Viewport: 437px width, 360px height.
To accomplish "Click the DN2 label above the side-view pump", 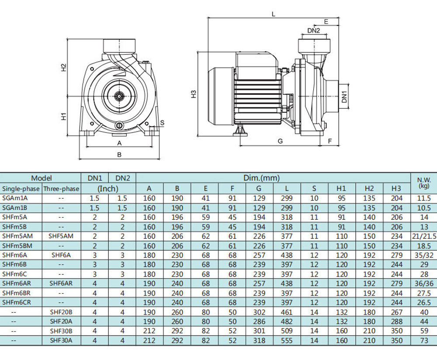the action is pyautogui.click(x=313, y=31).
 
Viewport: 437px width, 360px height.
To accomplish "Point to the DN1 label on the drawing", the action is pyautogui.click(x=344, y=97).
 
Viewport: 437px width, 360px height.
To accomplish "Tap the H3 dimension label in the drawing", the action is pyautogui.click(x=194, y=94).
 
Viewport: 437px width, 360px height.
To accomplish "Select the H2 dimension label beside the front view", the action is pyautogui.click(x=64, y=67).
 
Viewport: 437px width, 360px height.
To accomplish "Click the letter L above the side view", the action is pyautogui.click(x=274, y=14).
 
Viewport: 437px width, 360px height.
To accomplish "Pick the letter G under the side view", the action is pyautogui.click(x=281, y=141).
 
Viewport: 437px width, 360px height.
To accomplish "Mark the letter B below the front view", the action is pyautogui.click(x=119, y=154).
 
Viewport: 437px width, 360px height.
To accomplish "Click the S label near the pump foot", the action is pyautogui.click(x=162, y=123).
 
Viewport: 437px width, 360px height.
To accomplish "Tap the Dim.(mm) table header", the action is pyautogui.click(x=261, y=178).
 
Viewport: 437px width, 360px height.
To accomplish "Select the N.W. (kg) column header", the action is pyautogui.click(x=424, y=183).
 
